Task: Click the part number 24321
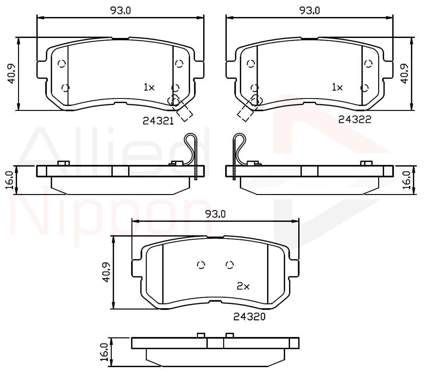click(158, 121)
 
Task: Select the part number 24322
click(355, 120)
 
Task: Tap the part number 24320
click(249, 317)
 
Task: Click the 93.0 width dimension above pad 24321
click(120, 10)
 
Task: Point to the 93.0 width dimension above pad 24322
click(309, 10)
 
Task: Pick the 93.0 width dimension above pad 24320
click(215, 214)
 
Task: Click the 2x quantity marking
click(243, 286)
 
